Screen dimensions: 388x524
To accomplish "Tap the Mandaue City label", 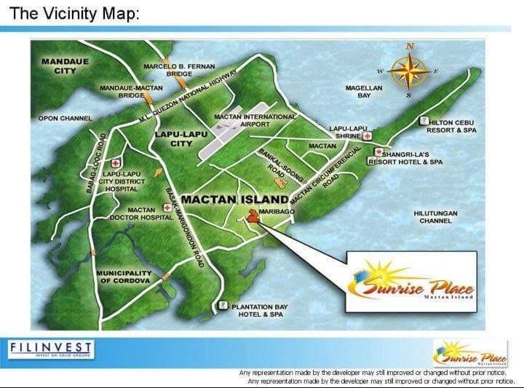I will pyautogui.click(x=65, y=66).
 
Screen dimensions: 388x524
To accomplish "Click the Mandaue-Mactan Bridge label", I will pyautogui.click(x=131, y=91).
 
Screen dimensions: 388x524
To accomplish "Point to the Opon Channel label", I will pyautogui.click(x=65, y=118).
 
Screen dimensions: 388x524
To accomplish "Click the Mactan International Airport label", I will pyautogui.click(x=254, y=120).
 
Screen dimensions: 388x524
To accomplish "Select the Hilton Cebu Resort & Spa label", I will pyautogui.click(x=452, y=127).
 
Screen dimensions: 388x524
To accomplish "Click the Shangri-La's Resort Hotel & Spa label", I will pyautogui.click(x=410, y=158).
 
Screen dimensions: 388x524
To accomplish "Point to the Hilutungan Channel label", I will pyautogui.click(x=436, y=217).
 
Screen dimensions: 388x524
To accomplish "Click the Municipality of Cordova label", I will pyautogui.click(x=123, y=277).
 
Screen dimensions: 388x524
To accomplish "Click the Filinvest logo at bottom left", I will pyautogui.click(x=51, y=350).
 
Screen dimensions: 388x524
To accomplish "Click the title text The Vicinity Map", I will pyautogui.click(x=74, y=14).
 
